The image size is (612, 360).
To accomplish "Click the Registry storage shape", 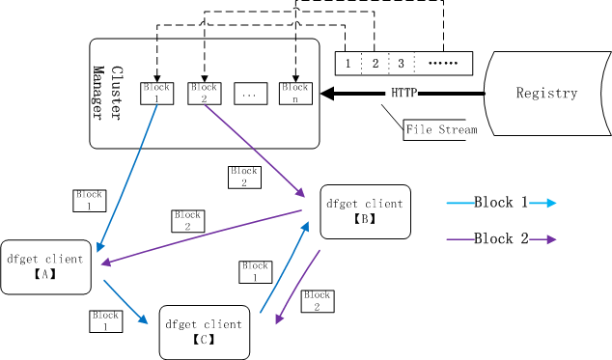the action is (546, 94).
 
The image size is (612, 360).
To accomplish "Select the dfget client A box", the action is (45, 267).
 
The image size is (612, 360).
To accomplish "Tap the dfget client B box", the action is (365, 211).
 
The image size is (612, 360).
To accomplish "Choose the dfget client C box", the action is (205, 332).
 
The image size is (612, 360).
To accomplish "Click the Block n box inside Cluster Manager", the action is (295, 94).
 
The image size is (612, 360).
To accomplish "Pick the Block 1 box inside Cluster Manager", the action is (157, 94).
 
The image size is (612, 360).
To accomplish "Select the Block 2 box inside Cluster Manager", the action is (205, 94).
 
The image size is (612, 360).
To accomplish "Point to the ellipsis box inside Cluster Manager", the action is (251, 94).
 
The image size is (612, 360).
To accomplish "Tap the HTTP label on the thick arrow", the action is (404, 93).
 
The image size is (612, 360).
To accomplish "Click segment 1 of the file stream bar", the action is (348, 64).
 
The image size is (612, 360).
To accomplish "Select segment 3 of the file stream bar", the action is (402, 64).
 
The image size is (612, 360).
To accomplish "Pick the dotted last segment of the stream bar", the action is (443, 64).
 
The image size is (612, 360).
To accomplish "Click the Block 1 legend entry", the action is (501, 203).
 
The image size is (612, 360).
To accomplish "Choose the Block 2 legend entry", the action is (501, 239).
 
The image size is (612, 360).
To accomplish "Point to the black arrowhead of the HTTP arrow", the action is (327, 94).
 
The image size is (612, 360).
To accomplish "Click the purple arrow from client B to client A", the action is (202, 237).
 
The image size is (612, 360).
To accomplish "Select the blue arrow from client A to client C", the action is (125, 302).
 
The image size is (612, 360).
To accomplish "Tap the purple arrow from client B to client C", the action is (297, 287).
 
